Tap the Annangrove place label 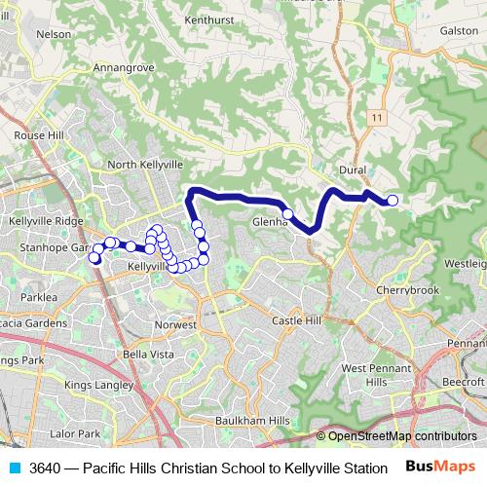[x=124, y=68]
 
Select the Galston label [x=459, y=30]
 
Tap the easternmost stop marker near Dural [x=393, y=201]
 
